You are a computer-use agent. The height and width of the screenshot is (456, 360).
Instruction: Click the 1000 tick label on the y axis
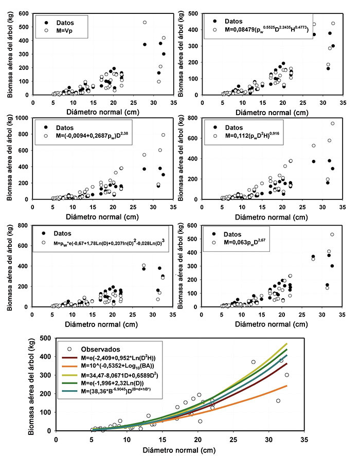pyautogui.click(x=22, y=118)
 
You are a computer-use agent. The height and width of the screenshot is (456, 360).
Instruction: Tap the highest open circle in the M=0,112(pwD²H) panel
pyautogui.click(x=332, y=123)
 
